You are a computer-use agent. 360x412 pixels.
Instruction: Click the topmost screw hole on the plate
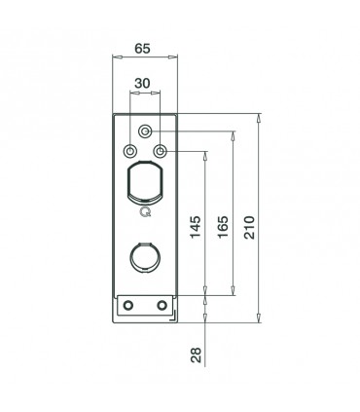click(145, 131)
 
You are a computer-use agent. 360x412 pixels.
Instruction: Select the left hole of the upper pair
click(130, 151)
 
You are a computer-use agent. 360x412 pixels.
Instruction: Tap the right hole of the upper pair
click(161, 151)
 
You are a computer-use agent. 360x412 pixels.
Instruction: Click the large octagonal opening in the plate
click(145, 182)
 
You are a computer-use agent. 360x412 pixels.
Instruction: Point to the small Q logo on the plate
click(145, 211)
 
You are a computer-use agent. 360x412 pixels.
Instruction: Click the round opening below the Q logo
click(145, 259)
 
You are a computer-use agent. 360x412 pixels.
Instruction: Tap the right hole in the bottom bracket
click(162, 306)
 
